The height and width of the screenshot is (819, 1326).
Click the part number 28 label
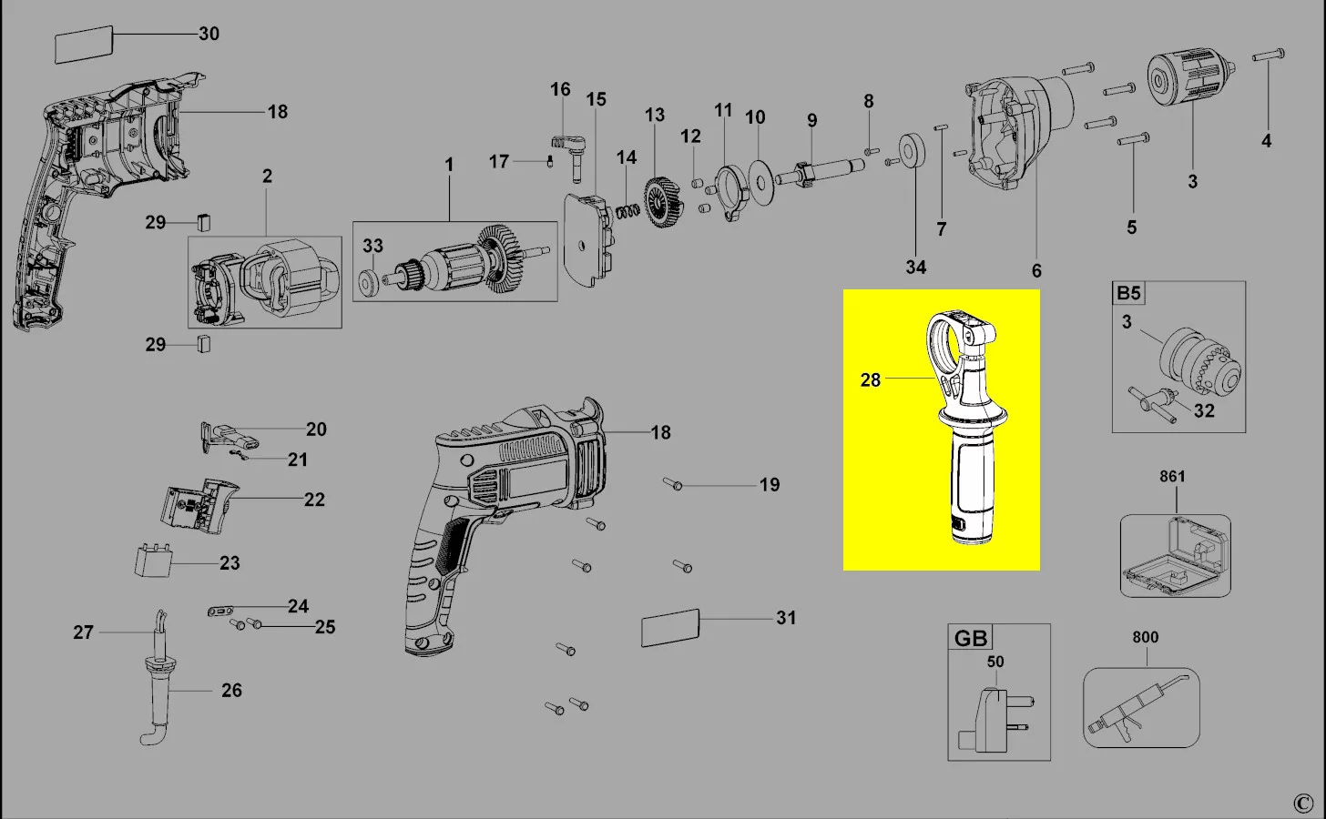871,379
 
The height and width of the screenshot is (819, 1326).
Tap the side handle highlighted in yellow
971,431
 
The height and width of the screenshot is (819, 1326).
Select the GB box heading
970,638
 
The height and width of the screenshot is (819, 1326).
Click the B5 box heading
1128,293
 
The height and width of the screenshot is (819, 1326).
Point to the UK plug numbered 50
995,721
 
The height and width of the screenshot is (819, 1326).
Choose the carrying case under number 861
1175,556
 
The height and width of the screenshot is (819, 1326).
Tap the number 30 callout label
209,34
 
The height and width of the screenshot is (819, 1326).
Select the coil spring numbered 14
627,210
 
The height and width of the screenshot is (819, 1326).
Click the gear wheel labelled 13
662,203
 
